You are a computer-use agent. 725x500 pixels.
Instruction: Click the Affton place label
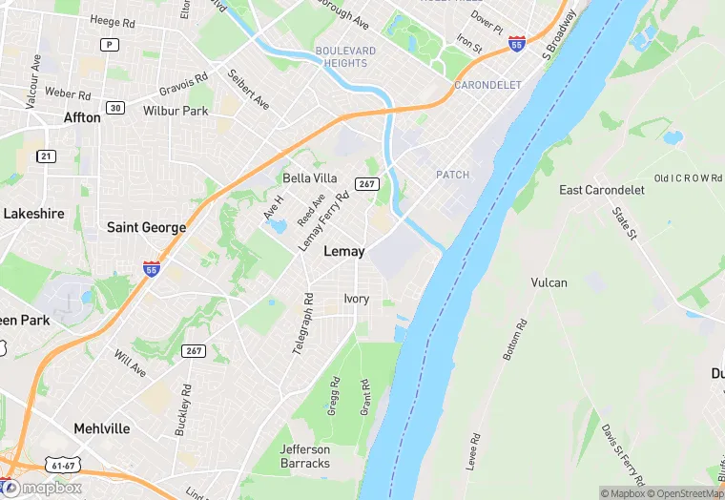click(x=81, y=117)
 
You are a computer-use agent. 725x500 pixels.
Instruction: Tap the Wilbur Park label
click(x=176, y=111)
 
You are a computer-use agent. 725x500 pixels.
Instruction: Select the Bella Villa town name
click(x=310, y=178)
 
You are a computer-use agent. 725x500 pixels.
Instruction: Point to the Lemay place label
click(x=344, y=251)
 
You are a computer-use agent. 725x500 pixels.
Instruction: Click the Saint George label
click(x=146, y=227)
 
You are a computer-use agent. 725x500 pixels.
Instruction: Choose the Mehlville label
click(x=102, y=428)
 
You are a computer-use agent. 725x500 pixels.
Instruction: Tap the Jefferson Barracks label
click(x=305, y=456)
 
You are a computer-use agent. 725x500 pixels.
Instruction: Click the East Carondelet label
click(x=602, y=190)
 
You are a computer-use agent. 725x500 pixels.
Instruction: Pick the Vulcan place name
click(x=549, y=282)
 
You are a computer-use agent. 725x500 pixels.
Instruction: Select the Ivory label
click(x=356, y=299)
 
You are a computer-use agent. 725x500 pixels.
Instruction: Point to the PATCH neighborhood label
click(x=452, y=175)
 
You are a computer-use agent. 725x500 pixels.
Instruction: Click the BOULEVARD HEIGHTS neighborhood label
click(x=344, y=56)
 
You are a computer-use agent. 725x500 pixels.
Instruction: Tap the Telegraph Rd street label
click(x=302, y=324)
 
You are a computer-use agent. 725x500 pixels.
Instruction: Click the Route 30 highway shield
click(x=115, y=108)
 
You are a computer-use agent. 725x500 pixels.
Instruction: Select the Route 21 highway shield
click(x=44, y=156)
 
